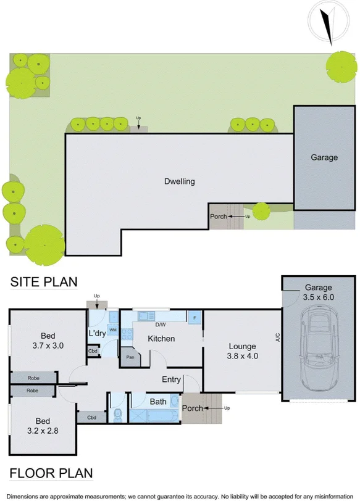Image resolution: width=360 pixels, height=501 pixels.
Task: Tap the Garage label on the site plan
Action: (x=324, y=157)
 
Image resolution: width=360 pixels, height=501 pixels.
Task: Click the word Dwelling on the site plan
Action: (x=180, y=181)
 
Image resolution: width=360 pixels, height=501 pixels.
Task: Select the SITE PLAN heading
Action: (x=44, y=282)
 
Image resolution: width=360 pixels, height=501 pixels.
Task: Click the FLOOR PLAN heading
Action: (x=51, y=473)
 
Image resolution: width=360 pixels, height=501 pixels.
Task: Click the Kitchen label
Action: (x=161, y=339)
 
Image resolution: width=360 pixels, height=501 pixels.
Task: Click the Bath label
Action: (x=159, y=402)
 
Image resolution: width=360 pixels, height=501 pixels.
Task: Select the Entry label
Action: (x=172, y=379)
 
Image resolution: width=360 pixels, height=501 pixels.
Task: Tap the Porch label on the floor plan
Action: (x=192, y=408)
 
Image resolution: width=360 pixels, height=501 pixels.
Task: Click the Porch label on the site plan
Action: (x=219, y=217)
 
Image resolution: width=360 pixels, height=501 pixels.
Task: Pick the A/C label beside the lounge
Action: (x=278, y=337)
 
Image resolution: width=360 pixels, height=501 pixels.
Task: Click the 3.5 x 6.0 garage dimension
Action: (x=318, y=297)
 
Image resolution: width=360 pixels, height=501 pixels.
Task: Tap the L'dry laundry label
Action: (x=98, y=333)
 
